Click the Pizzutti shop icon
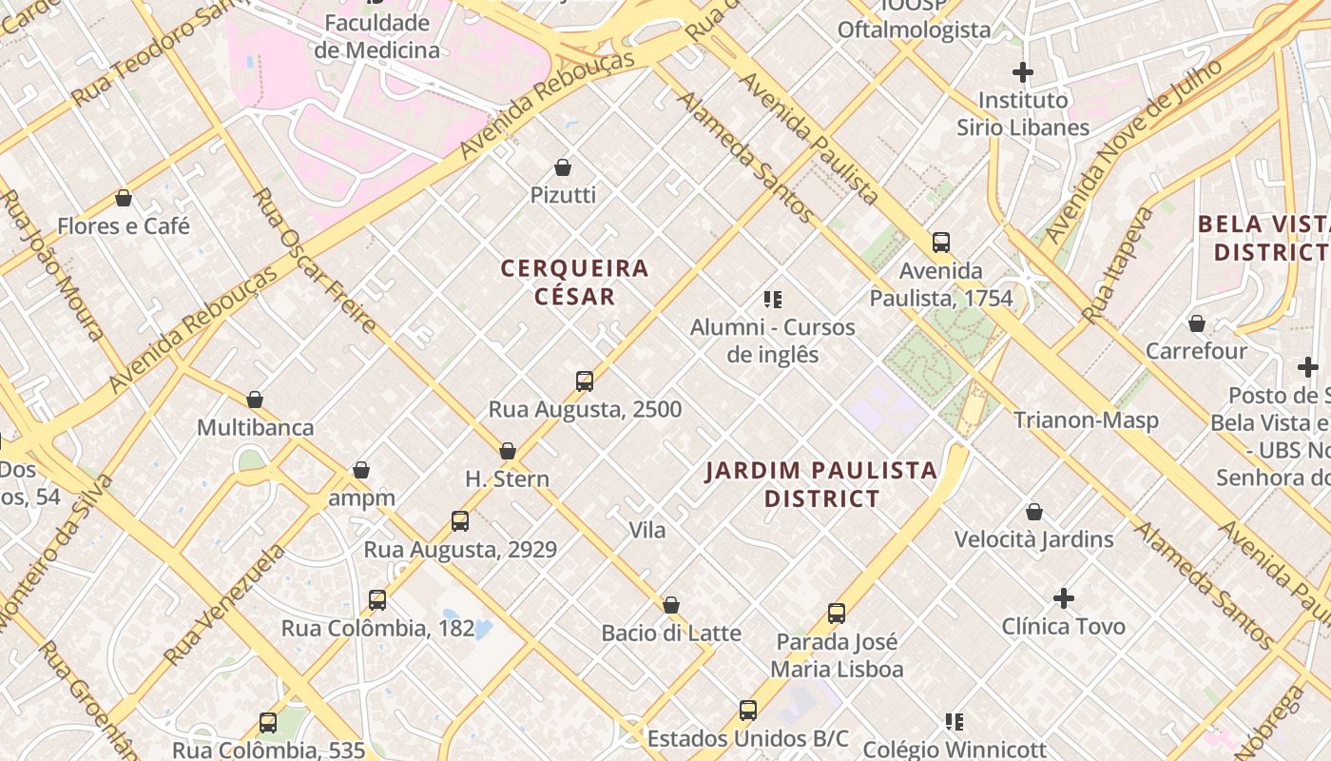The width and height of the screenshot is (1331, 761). (x=563, y=168)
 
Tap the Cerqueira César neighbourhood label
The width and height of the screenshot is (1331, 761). (x=574, y=283)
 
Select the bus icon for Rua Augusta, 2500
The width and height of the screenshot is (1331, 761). (x=585, y=381)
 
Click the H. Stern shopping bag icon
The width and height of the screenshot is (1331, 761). (x=508, y=451)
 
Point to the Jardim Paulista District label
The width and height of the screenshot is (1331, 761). (x=821, y=484)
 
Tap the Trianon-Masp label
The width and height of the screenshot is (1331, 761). (x=1086, y=420)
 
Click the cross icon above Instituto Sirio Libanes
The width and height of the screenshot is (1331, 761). (x=1023, y=72)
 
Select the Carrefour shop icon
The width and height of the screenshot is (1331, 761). (x=1197, y=323)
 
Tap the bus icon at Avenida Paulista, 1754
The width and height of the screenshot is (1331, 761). (x=941, y=242)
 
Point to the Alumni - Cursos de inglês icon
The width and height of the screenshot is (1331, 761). (x=773, y=300)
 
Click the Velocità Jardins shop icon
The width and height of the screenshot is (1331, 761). (x=1034, y=512)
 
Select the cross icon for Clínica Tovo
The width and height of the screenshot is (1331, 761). (x=1064, y=598)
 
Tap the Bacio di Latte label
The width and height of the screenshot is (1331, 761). (x=671, y=634)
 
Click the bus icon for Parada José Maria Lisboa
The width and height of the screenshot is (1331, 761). (x=837, y=614)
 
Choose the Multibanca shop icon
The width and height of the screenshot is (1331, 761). (x=255, y=400)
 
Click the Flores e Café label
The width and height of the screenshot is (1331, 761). (x=124, y=226)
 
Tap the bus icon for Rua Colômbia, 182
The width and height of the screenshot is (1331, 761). (x=377, y=600)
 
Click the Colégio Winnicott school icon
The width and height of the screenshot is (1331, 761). (x=955, y=722)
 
